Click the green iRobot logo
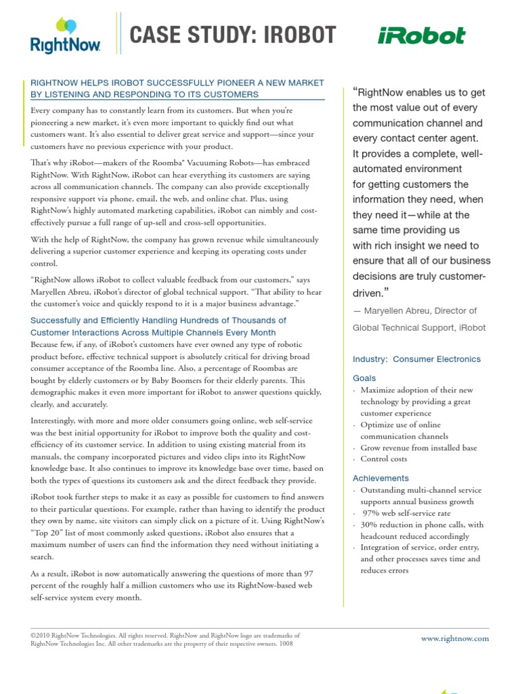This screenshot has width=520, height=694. point(422,36)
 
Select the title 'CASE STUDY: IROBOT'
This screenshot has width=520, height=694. point(232,36)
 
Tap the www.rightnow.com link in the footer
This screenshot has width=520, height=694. point(454,638)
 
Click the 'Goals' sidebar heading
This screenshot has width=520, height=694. point(364,378)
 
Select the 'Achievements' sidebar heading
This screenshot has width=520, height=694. point(381,478)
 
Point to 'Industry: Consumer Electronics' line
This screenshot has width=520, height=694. point(416,359)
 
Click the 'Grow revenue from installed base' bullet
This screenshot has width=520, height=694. point(418,447)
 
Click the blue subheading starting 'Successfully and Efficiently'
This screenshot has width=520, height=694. point(158,320)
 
